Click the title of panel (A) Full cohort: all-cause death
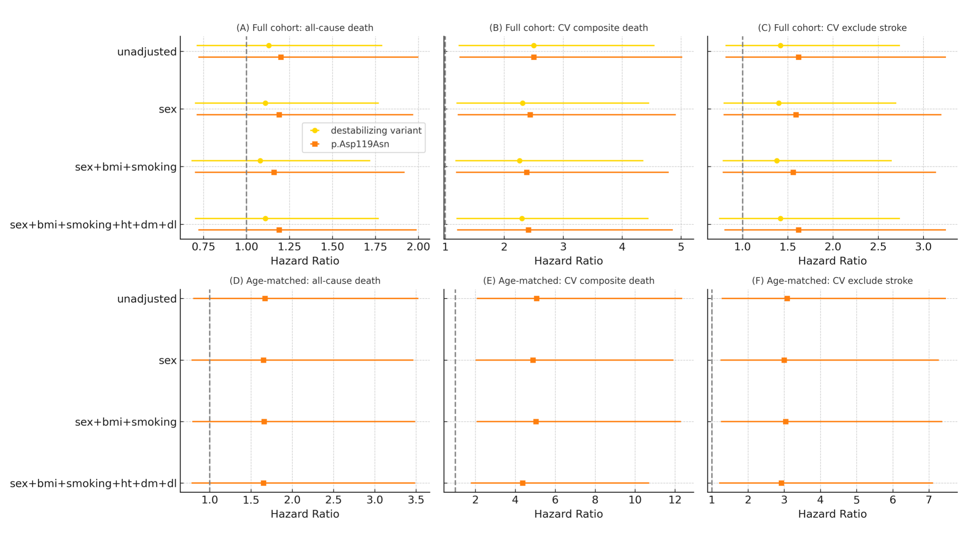tap(305, 28)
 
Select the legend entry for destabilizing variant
tap(376, 130)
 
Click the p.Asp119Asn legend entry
tap(360, 144)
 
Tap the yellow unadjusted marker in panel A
tap(269, 46)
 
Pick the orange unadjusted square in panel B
tap(534, 57)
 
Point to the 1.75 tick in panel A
tap(375, 247)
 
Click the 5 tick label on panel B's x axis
tap(681, 247)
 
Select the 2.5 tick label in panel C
tap(878, 247)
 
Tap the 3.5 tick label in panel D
tap(416, 500)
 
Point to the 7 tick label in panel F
tap(929, 500)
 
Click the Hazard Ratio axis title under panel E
tap(568, 514)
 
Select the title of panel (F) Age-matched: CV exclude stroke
tap(832, 281)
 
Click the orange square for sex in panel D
tap(264, 360)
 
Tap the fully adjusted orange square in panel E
tap(522, 483)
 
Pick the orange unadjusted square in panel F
tap(787, 299)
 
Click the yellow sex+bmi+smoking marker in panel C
tap(777, 161)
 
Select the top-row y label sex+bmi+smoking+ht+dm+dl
tap(93, 225)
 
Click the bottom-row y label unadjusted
tap(147, 299)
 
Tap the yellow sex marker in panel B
tap(522, 103)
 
